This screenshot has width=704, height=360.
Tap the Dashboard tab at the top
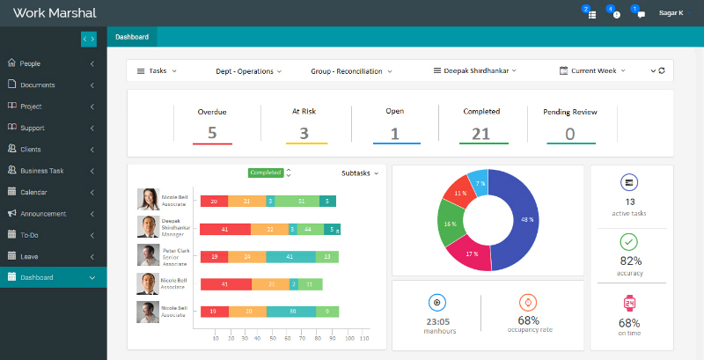pos(131,37)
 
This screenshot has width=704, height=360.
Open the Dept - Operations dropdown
pos(249,70)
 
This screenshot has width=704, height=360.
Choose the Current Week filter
pos(593,70)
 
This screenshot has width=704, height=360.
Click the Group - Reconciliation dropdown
pos(351,70)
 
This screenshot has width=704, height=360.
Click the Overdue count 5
pos(212,134)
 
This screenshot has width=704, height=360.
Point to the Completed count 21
pos(481,134)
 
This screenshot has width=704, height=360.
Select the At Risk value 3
pos(304,134)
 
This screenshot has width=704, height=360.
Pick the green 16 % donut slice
pos(449,224)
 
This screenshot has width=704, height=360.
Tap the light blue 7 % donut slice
pos(480,182)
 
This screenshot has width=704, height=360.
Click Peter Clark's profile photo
pos(148,255)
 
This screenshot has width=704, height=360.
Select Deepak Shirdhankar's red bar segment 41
pos(225,230)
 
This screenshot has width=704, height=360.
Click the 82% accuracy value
pos(630,261)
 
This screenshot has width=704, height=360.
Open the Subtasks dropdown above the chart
pos(360,173)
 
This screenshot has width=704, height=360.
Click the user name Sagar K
pos(671,13)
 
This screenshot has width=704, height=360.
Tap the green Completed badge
pos(265,173)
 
